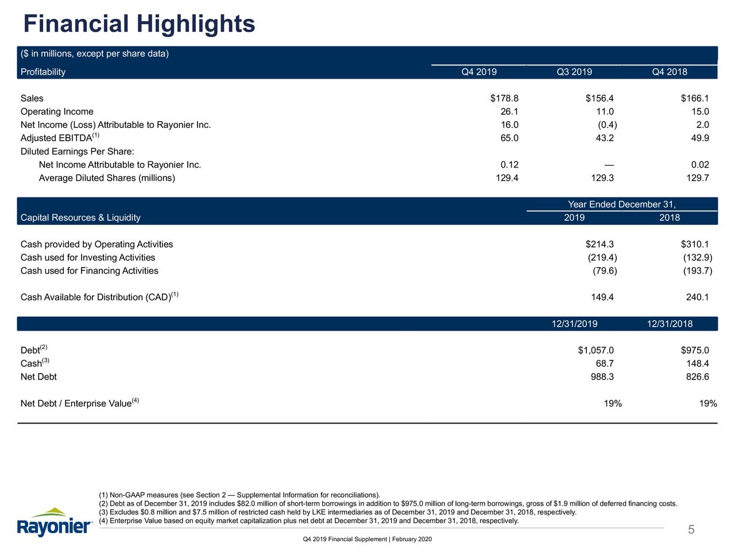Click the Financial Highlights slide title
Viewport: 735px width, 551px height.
coord(140,24)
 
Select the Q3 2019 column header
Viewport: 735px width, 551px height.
coord(574,72)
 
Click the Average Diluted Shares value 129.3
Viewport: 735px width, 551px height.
coord(602,178)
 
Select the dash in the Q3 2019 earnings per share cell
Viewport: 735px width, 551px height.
coord(609,165)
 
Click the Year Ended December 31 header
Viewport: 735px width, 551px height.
coord(621,205)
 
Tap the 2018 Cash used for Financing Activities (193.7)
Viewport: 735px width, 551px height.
coord(697,271)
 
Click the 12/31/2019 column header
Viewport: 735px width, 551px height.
coord(574,324)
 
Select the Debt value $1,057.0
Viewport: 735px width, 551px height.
coord(595,351)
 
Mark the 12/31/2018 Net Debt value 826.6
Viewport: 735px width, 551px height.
coord(698,377)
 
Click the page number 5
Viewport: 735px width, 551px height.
coord(691,530)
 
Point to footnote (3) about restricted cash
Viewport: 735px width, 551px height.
coord(337,513)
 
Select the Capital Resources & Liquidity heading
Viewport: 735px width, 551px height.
coord(80,218)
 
